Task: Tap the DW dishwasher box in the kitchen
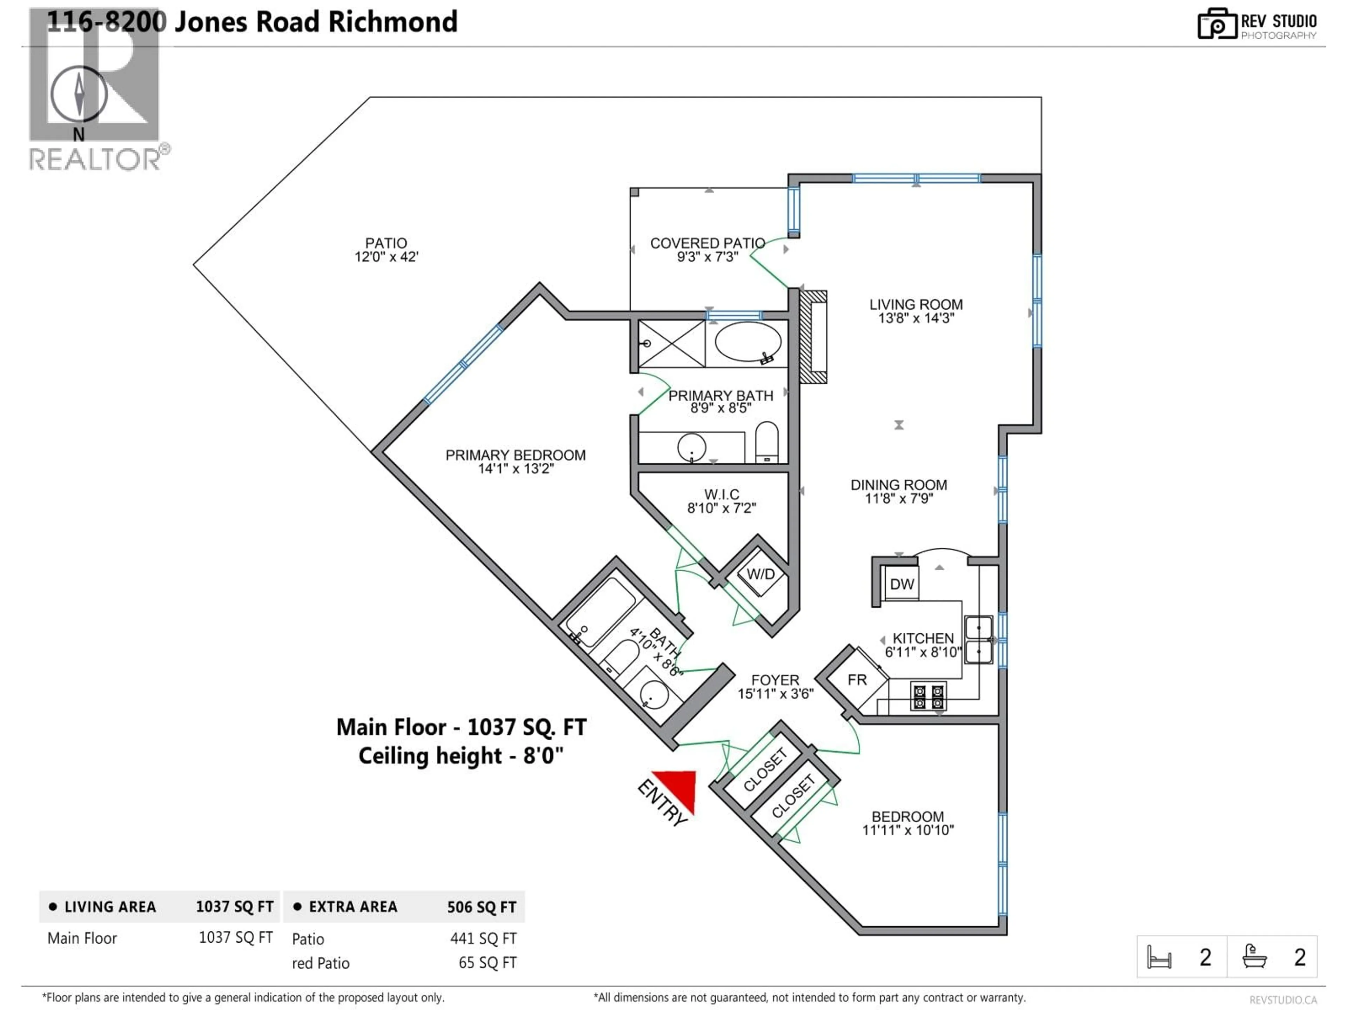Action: pyautogui.click(x=901, y=585)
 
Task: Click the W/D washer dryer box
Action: pyautogui.click(x=760, y=574)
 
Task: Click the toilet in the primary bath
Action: pyautogui.click(x=767, y=442)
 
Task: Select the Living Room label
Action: pyautogui.click(x=916, y=304)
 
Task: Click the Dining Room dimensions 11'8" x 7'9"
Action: pyautogui.click(x=899, y=499)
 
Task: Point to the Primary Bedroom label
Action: pyautogui.click(x=515, y=456)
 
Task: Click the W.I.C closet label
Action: pyautogui.click(x=722, y=494)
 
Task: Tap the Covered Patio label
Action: pyautogui.click(x=707, y=243)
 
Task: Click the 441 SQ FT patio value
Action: pyautogui.click(x=483, y=939)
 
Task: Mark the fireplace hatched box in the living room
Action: pyautogui.click(x=813, y=337)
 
